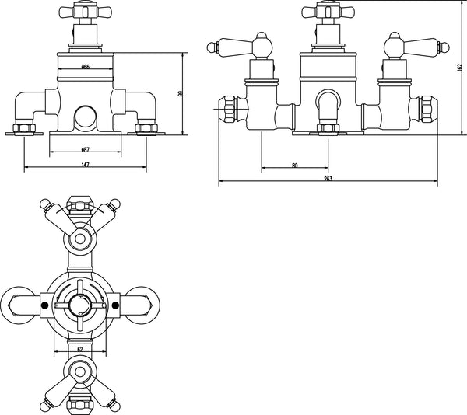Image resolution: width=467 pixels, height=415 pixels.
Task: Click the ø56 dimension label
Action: pos(85,68)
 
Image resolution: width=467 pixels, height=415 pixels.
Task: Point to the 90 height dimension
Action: pos(181,93)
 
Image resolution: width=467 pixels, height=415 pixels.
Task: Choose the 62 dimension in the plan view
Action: pos(81,350)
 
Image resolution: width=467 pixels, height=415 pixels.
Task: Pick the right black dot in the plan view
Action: pos(117,305)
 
